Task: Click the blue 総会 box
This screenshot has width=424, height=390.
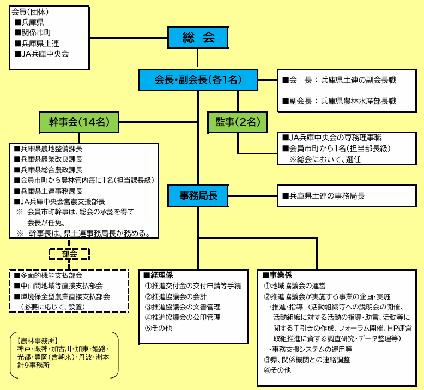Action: pos(198,38)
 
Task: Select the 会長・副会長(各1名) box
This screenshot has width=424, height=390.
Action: pos(198,80)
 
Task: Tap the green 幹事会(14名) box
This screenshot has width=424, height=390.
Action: pos(79,122)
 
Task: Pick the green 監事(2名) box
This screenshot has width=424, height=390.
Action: pos(238,122)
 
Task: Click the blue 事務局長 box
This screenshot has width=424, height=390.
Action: pos(198,196)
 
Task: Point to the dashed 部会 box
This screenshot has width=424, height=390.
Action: pos(69,254)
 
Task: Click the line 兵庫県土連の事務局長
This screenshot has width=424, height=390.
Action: pos(324,196)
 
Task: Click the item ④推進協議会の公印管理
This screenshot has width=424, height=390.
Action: pos(183,318)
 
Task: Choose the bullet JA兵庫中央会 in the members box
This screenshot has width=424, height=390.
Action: pos(41,54)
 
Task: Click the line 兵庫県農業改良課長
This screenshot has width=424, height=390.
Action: pos(48,159)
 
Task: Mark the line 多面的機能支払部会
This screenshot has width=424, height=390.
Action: pos(48,275)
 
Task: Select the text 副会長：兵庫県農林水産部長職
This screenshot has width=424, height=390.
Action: pos(340,101)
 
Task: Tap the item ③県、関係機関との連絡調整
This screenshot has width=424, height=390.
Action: pos(307,360)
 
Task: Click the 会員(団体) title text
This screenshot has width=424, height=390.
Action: pos(30,12)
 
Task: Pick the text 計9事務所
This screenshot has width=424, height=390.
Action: pos(34,366)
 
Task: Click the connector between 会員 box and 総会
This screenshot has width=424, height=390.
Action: pos(129,38)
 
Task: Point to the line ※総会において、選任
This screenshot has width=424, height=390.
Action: pos(325,159)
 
